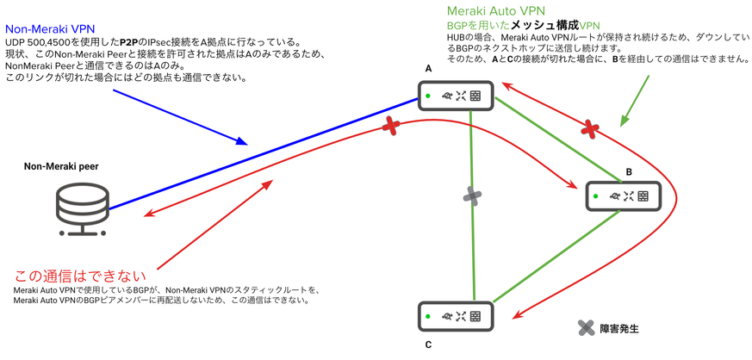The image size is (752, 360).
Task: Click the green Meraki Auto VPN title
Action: [x=496, y=11]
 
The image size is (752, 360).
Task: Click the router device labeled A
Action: [x=456, y=96]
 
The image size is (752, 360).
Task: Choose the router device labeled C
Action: [x=456, y=316]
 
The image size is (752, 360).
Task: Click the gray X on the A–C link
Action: [x=472, y=196]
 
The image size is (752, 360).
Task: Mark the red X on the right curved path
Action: [x=590, y=130]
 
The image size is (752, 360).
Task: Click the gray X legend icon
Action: [x=586, y=327]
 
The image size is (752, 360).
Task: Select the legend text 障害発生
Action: [x=621, y=328]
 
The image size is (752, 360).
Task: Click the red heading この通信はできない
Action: [x=81, y=276]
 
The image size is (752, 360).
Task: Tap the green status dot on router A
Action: [x=427, y=96]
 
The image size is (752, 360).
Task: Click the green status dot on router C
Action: [x=427, y=316]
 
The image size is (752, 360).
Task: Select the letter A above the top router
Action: [x=428, y=68]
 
